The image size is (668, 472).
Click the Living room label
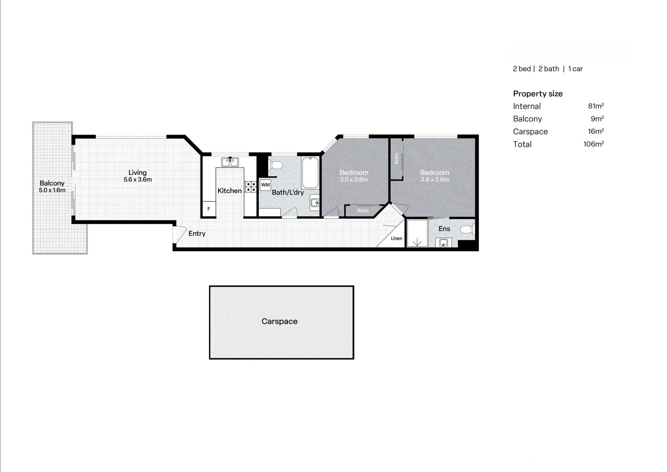tap(137, 173)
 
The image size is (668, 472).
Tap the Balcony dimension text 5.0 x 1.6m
tap(52, 191)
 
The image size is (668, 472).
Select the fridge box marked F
tap(209, 209)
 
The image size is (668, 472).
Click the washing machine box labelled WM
tap(265, 185)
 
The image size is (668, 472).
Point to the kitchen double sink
tap(230, 162)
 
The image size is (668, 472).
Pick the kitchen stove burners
tap(250, 187)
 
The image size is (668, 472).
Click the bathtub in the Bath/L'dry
tap(310, 172)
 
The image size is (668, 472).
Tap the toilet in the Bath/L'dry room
tap(276, 165)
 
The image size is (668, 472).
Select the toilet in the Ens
tap(467, 229)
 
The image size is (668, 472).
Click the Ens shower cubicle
tap(417, 233)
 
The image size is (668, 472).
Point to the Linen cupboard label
tap(396, 239)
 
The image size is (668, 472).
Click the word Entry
tap(197, 234)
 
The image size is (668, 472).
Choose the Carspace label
tap(279, 321)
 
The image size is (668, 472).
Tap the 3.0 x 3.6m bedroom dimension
tap(354, 180)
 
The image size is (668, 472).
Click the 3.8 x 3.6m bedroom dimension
tap(435, 180)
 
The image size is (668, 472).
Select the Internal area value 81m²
tap(595, 106)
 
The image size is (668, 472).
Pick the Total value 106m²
tap(593, 144)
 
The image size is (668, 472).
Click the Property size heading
tap(537, 94)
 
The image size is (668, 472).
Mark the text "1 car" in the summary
tap(575, 69)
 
